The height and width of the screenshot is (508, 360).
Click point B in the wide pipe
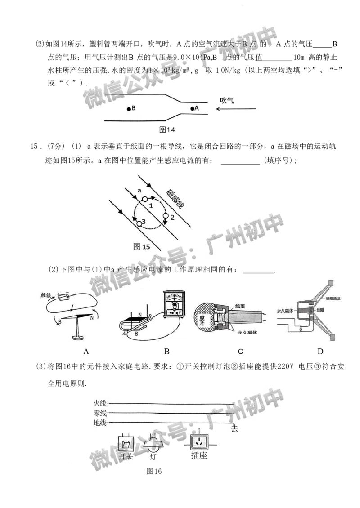point(129,109)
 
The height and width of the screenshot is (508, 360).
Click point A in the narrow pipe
point(193,108)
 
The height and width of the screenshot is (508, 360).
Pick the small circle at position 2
point(165,217)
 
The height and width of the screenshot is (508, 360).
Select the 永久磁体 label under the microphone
point(246,333)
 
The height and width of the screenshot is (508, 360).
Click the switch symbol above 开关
point(126,445)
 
